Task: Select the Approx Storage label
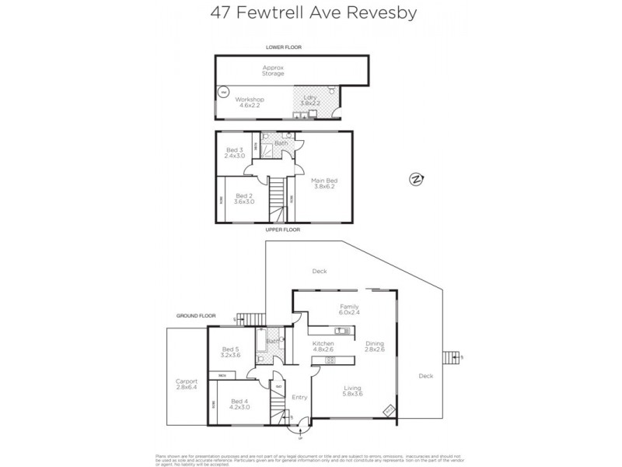coord(273,70)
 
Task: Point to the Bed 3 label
coord(234,153)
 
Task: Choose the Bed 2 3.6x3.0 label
coord(244,198)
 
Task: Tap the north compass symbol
coord(416,180)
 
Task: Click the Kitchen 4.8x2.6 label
coord(323,346)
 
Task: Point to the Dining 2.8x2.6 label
coord(375,346)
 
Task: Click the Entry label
coord(299,397)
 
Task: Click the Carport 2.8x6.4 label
coord(187,384)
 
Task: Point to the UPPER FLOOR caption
coord(284,230)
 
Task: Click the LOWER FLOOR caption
coord(283,47)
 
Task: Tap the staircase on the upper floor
coord(278,199)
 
